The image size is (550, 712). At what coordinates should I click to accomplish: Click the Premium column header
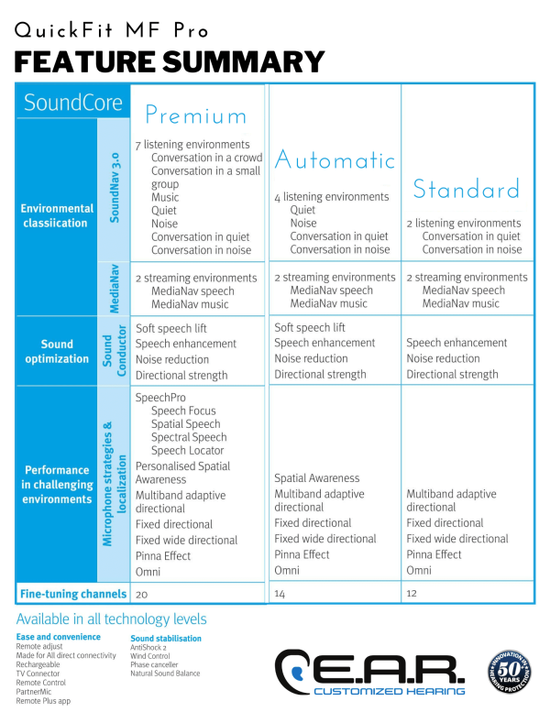click(196, 115)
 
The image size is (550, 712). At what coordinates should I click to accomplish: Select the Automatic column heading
click(335, 159)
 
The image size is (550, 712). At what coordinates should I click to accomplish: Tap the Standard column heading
click(467, 189)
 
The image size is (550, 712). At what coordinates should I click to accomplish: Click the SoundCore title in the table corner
click(73, 102)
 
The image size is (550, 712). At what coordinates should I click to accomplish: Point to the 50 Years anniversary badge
click(509, 671)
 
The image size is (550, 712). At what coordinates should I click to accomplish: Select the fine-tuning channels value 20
click(141, 595)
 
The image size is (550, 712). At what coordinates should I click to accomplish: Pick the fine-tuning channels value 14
click(280, 594)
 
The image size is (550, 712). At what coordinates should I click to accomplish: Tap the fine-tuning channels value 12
click(412, 593)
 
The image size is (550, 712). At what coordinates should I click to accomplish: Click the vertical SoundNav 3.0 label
click(115, 188)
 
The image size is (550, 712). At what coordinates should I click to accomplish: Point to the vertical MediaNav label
click(115, 289)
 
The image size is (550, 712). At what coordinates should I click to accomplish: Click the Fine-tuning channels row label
click(73, 594)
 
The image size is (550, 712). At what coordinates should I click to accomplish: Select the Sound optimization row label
click(57, 352)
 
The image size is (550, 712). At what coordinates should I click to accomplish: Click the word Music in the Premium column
click(165, 197)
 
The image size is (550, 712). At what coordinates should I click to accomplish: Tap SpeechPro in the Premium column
click(160, 398)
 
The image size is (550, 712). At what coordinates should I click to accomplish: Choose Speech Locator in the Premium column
click(188, 451)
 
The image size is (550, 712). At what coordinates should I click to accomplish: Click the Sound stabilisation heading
click(166, 639)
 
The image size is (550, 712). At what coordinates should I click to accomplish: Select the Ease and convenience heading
click(58, 637)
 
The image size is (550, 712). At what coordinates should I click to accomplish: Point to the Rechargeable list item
click(38, 664)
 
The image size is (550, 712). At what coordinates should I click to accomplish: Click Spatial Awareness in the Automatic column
click(316, 478)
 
